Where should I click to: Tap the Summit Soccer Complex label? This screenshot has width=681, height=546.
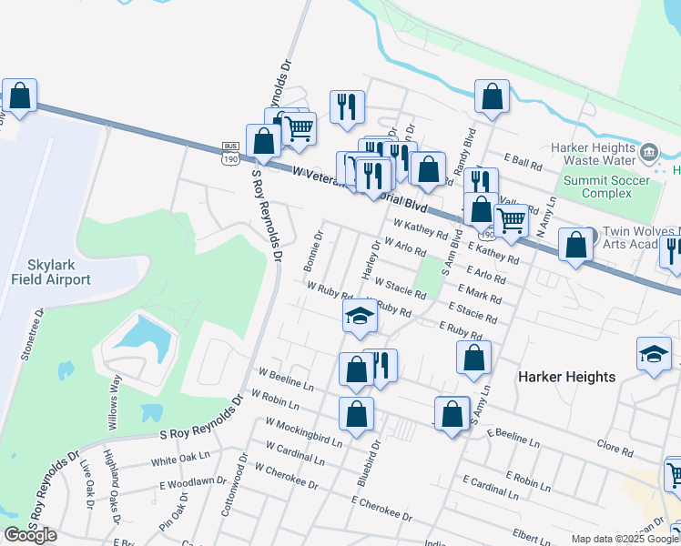(x=606, y=187)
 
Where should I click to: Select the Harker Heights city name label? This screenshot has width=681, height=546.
(x=566, y=376)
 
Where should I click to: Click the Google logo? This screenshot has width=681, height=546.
(x=30, y=535)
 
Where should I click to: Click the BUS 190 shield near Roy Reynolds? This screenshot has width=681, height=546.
(x=230, y=153)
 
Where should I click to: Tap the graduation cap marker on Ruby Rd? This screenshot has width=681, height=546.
(x=360, y=316)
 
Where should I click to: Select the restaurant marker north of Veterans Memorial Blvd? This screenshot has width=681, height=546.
(x=346, y=106)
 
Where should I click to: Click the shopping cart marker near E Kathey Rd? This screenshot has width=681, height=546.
(x=511, y=219)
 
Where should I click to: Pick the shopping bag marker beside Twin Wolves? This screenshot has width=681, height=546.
(x=575, y=245)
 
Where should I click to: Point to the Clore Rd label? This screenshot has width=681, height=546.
(x=615, y=450)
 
